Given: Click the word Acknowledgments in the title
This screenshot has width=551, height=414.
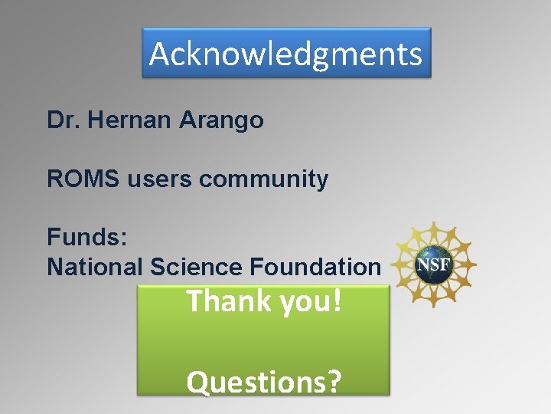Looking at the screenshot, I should (x=285, y=54).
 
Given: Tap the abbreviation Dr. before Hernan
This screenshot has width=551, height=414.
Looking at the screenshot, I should (x=65, y=120).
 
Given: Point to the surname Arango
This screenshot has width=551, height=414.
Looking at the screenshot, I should (x=221, y=121).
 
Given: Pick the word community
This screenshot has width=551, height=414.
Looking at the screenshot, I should (x=263, y=180).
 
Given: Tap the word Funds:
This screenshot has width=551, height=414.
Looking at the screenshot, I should (x=86, y=236).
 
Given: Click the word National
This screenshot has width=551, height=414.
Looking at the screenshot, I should (x=95, y=267).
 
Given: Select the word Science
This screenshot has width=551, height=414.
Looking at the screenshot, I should (x=197, y=267).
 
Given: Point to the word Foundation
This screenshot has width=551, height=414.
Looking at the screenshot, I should (x=315, y=267).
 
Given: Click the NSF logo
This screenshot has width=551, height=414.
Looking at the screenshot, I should (x=434, y=265).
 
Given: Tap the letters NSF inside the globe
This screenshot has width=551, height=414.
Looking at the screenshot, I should (x=434, y=266).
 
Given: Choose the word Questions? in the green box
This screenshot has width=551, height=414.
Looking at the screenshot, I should (x=264, y=382).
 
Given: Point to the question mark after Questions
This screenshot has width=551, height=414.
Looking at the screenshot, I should (x=334, y=382).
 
